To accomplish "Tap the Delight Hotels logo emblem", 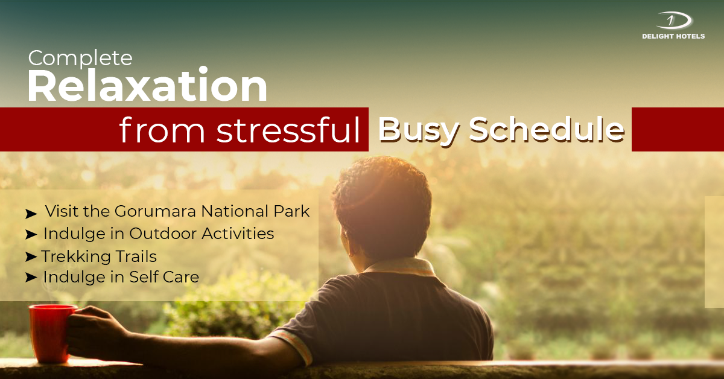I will [673, 21].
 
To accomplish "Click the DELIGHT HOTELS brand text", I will [673, 36].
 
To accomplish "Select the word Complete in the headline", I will [80, 59].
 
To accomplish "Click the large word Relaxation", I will [147, 86].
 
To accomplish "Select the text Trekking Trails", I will [99, 256].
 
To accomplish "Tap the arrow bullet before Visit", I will [31, 214].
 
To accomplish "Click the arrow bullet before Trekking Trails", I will [31, 257].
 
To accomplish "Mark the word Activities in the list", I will [241, 234].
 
